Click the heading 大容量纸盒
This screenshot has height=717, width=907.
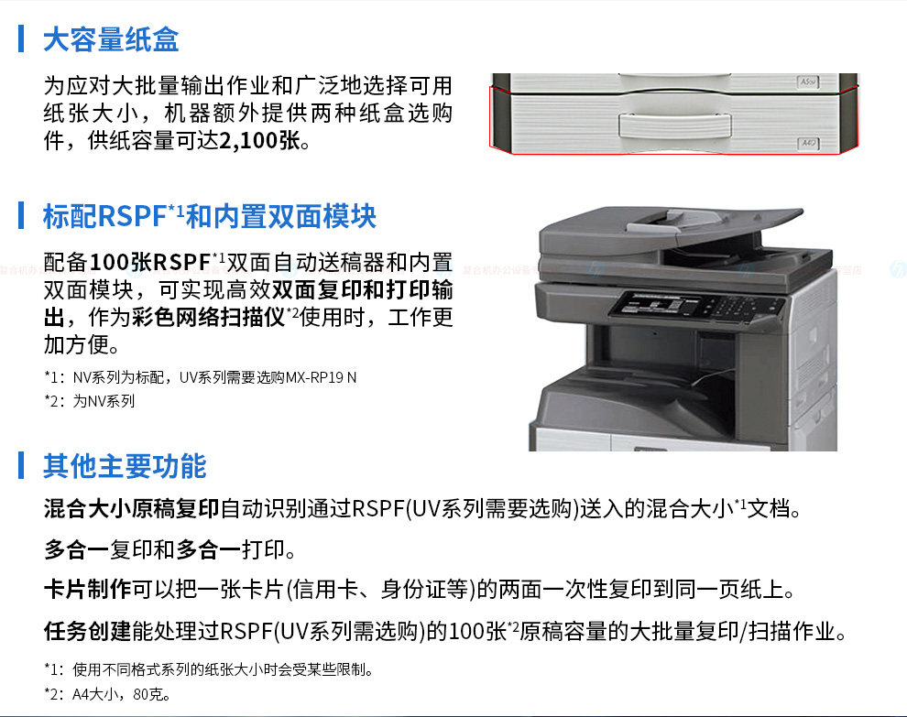111,39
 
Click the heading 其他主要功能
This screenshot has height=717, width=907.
125,466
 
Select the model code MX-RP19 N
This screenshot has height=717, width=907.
321,377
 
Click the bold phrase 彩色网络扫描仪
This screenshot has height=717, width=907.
209,317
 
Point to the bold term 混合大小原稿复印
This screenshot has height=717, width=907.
132,509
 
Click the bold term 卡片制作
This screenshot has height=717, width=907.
88,590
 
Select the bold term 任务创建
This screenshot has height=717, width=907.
88,631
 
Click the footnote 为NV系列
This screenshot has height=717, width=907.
104,401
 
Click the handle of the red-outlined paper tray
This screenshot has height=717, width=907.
675,124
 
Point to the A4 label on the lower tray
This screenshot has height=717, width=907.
808,143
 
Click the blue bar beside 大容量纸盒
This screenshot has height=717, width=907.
21,38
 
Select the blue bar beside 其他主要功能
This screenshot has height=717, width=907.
21,465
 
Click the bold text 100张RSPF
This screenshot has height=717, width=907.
150,262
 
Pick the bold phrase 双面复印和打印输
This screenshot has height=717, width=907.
362,289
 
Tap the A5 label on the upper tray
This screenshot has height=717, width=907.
808,82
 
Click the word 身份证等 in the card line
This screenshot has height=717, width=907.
424,590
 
